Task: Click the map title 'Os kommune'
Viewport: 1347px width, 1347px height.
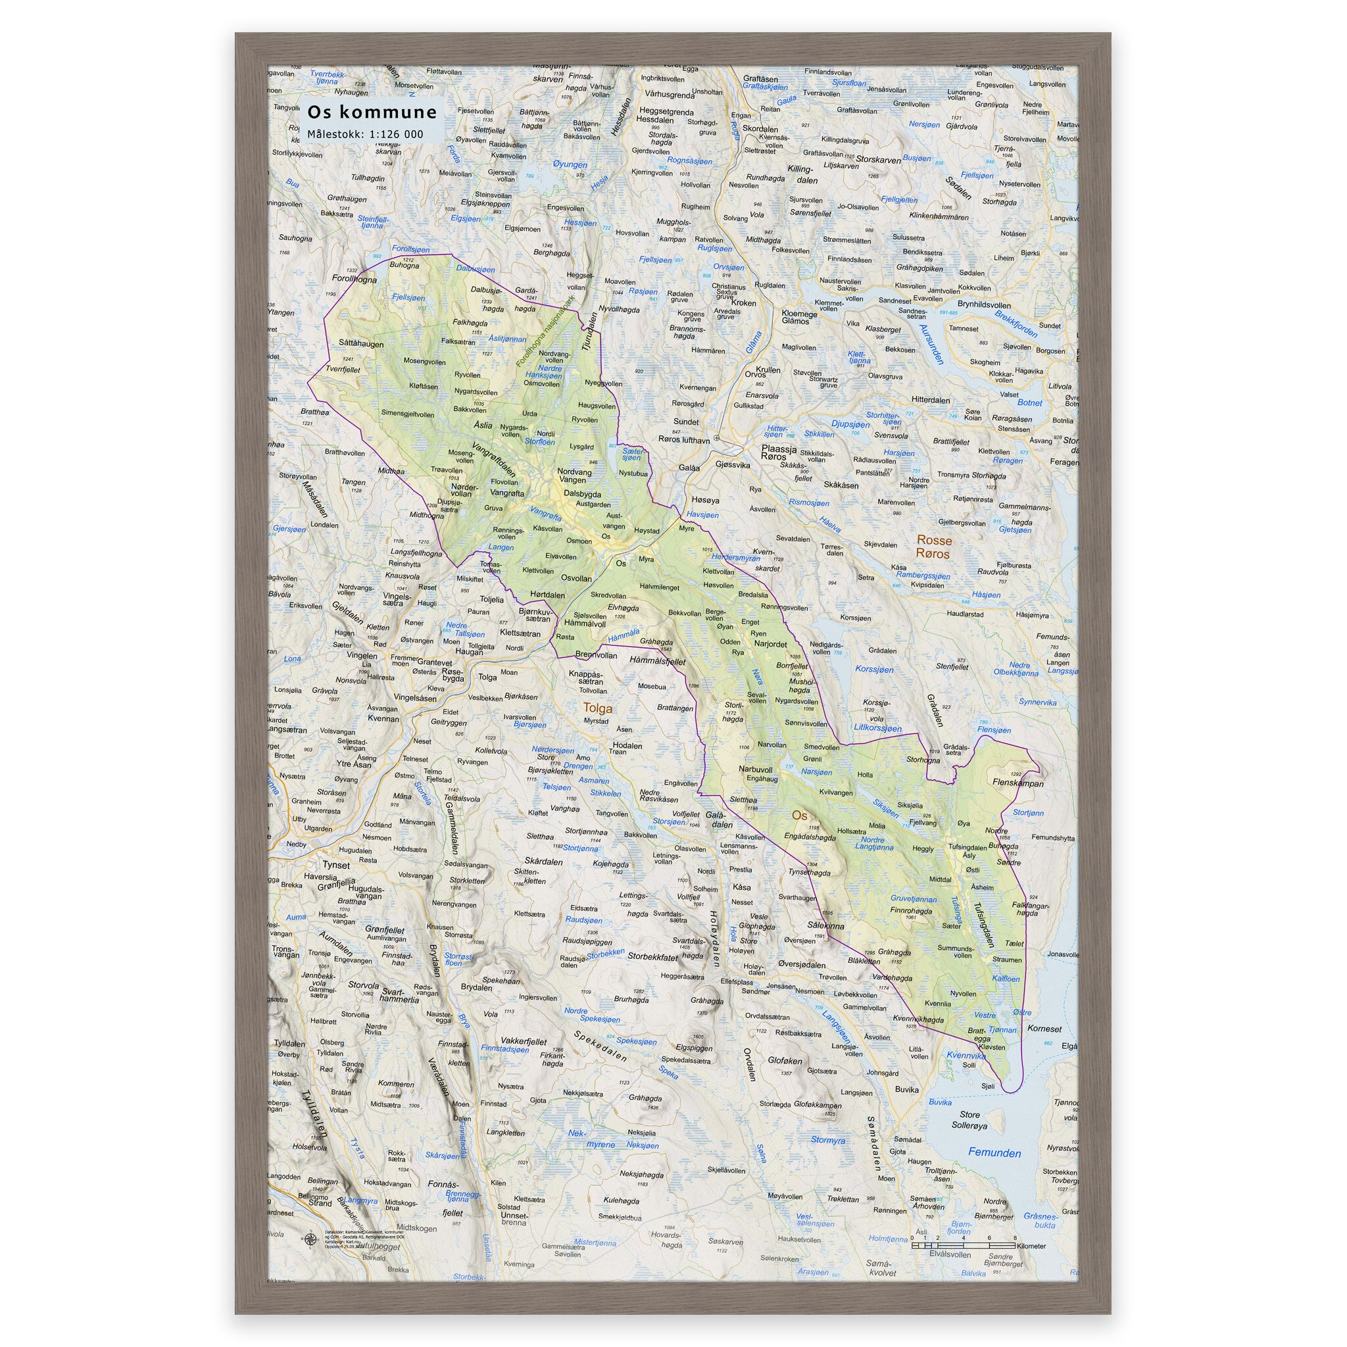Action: tap(372, 112)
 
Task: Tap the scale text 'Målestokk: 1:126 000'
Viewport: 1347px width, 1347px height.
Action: tap(365, 134)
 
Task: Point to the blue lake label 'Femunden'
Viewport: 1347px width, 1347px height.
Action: tap(994, 1152)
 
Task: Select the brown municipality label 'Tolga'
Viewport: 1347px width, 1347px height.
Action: tap(597, 708)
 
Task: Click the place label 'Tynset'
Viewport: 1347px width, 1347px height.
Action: tap(336, 864)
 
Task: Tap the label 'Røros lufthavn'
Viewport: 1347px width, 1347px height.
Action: tap(684, 440)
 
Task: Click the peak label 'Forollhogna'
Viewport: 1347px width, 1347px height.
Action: tap(355, 280)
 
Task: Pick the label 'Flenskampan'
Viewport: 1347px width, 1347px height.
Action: tap(1017, 783)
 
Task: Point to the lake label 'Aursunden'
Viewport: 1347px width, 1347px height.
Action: tap(931, 345)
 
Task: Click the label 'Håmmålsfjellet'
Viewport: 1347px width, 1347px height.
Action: tap(657, 660)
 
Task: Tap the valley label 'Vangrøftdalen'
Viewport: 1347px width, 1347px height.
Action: tap(494, 460)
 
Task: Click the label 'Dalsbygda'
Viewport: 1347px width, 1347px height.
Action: tap(582, 494)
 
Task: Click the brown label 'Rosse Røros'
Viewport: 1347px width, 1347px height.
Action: tap(933, 547)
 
